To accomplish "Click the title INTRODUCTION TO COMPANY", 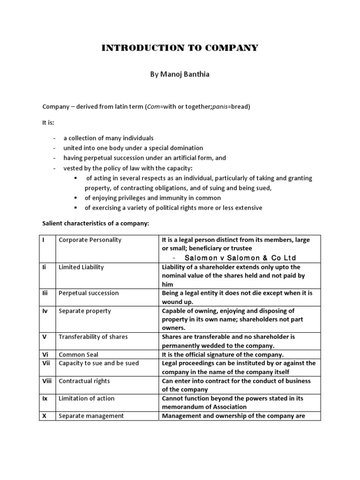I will pyautogui.click(x=180, y=48).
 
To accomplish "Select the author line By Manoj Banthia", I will pyautogui.click(x=180, y=75).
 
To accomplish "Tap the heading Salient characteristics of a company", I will pyautogui.click(x=96, y=224).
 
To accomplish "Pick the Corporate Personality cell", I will pyautogui.click(x=90, y=240).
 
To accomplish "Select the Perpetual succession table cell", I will pyautogui.click(x=89, y=293).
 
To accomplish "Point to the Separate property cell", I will pyautogui.click(x=85, y=311).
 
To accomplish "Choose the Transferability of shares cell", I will pyautogui.click(x=93, y=337).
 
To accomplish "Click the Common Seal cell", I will pyautogui.click(x=79, y=355).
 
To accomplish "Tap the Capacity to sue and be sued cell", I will pyautogui.click(x=99, y=363).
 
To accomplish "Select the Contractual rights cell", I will pyautogui.click(x=84, y=381).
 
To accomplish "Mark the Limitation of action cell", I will pyautogui.click(x=87, y=398).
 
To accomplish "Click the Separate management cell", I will pyautogui.click(x=91, y=416).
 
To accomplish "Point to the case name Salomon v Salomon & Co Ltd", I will pyautogui.click(x=240, y=258).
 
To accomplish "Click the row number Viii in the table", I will pyautogui.click(x=47, y=381).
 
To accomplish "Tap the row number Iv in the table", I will pyautogui.click(x=45, y=311).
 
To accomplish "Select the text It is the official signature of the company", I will pyautogui.click(x=223, y=355).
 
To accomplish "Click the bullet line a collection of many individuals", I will pyautogui.click(x=108, y=138).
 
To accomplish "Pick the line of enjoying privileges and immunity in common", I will pyautogui.click(x=153, y=198).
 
